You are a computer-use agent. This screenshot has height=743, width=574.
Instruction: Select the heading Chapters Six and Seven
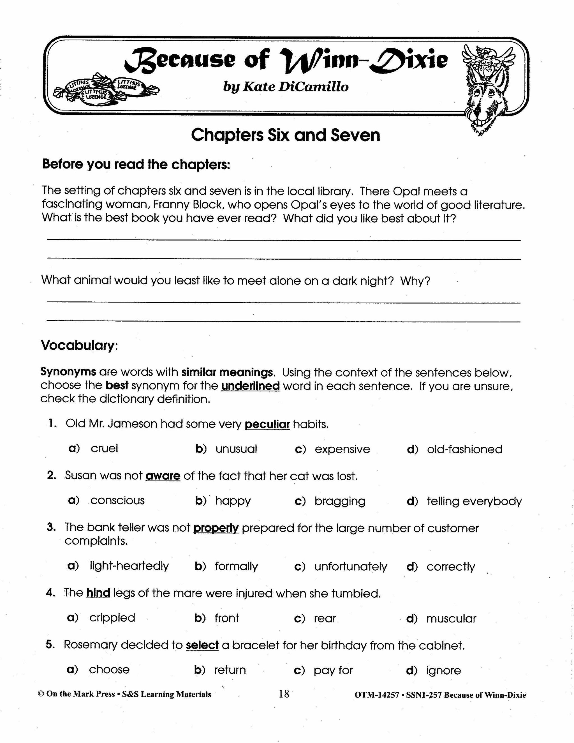[x=285, y=135]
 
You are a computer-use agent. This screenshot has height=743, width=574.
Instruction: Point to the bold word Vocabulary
[x=78, y=345]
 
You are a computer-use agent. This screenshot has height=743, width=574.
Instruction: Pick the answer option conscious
[x=117, y=500]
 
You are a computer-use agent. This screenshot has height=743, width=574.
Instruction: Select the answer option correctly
[x=451, y=566]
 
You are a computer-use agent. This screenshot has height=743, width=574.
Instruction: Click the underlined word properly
[x=216, y=528]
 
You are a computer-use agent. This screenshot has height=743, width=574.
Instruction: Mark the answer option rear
[x=325, y=618]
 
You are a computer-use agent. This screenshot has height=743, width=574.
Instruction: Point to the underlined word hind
[x=98, y=593]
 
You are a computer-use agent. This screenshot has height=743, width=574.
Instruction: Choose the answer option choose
[x=109, y=670]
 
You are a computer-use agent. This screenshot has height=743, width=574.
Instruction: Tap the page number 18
[x=284, y=694]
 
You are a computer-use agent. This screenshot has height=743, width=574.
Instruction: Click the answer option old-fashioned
[x=464, y=449]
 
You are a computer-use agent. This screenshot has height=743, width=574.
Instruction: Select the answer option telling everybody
[x=474, y=501]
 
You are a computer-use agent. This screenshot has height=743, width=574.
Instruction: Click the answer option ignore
[x=443, y=670]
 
